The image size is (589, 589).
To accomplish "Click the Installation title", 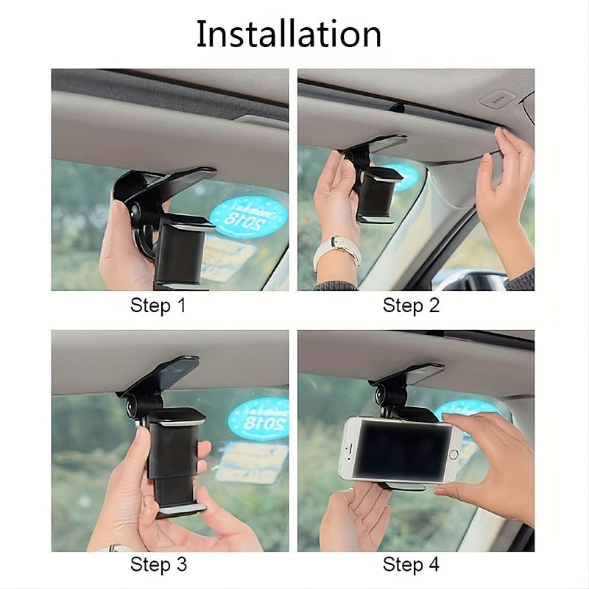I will tap(289, 34).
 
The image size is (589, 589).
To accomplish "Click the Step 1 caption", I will tap(158, 306).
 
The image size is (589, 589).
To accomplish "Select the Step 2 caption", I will tap(411, 306).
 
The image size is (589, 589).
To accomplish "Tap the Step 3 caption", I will tap(158, 565).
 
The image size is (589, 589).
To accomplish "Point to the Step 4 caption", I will tap(411, 565).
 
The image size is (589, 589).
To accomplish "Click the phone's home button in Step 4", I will tap(454, 450).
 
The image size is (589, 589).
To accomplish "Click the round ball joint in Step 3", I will tap(134, 406).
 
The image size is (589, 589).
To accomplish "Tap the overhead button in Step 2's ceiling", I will tap(498, 98).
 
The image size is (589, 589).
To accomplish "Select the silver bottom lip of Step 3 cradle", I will tap(181, 509).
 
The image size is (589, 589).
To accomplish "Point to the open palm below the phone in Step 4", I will tap(359, 515).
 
